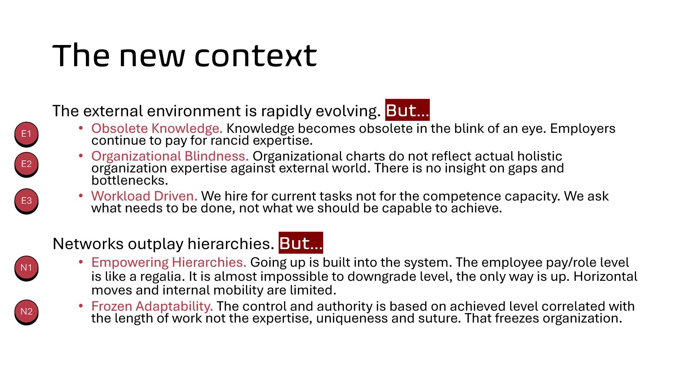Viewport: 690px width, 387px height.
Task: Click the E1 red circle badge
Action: click(26, 134)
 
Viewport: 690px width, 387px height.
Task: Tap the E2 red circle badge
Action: click(26, 164)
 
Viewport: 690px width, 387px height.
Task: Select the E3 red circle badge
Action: click(26, 201)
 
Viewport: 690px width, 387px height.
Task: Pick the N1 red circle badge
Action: click(26, 268)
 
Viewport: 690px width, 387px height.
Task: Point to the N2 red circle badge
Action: click(26, 312)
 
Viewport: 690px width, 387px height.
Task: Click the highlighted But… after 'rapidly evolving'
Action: click(407, 110)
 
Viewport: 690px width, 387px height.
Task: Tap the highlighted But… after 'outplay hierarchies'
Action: click(301, 243)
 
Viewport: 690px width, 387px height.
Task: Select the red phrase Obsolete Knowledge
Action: click(157, 129)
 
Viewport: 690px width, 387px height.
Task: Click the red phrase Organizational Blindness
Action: click(170, 156)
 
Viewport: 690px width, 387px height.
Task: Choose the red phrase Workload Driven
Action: click(144, 196)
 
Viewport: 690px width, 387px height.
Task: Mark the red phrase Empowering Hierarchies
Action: click(169, 262)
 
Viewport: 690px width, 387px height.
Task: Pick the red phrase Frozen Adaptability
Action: click(152, 306)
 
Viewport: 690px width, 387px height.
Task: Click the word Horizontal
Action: click(605, 276)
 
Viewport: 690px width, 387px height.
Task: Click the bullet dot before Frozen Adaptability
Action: click(81, 306)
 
